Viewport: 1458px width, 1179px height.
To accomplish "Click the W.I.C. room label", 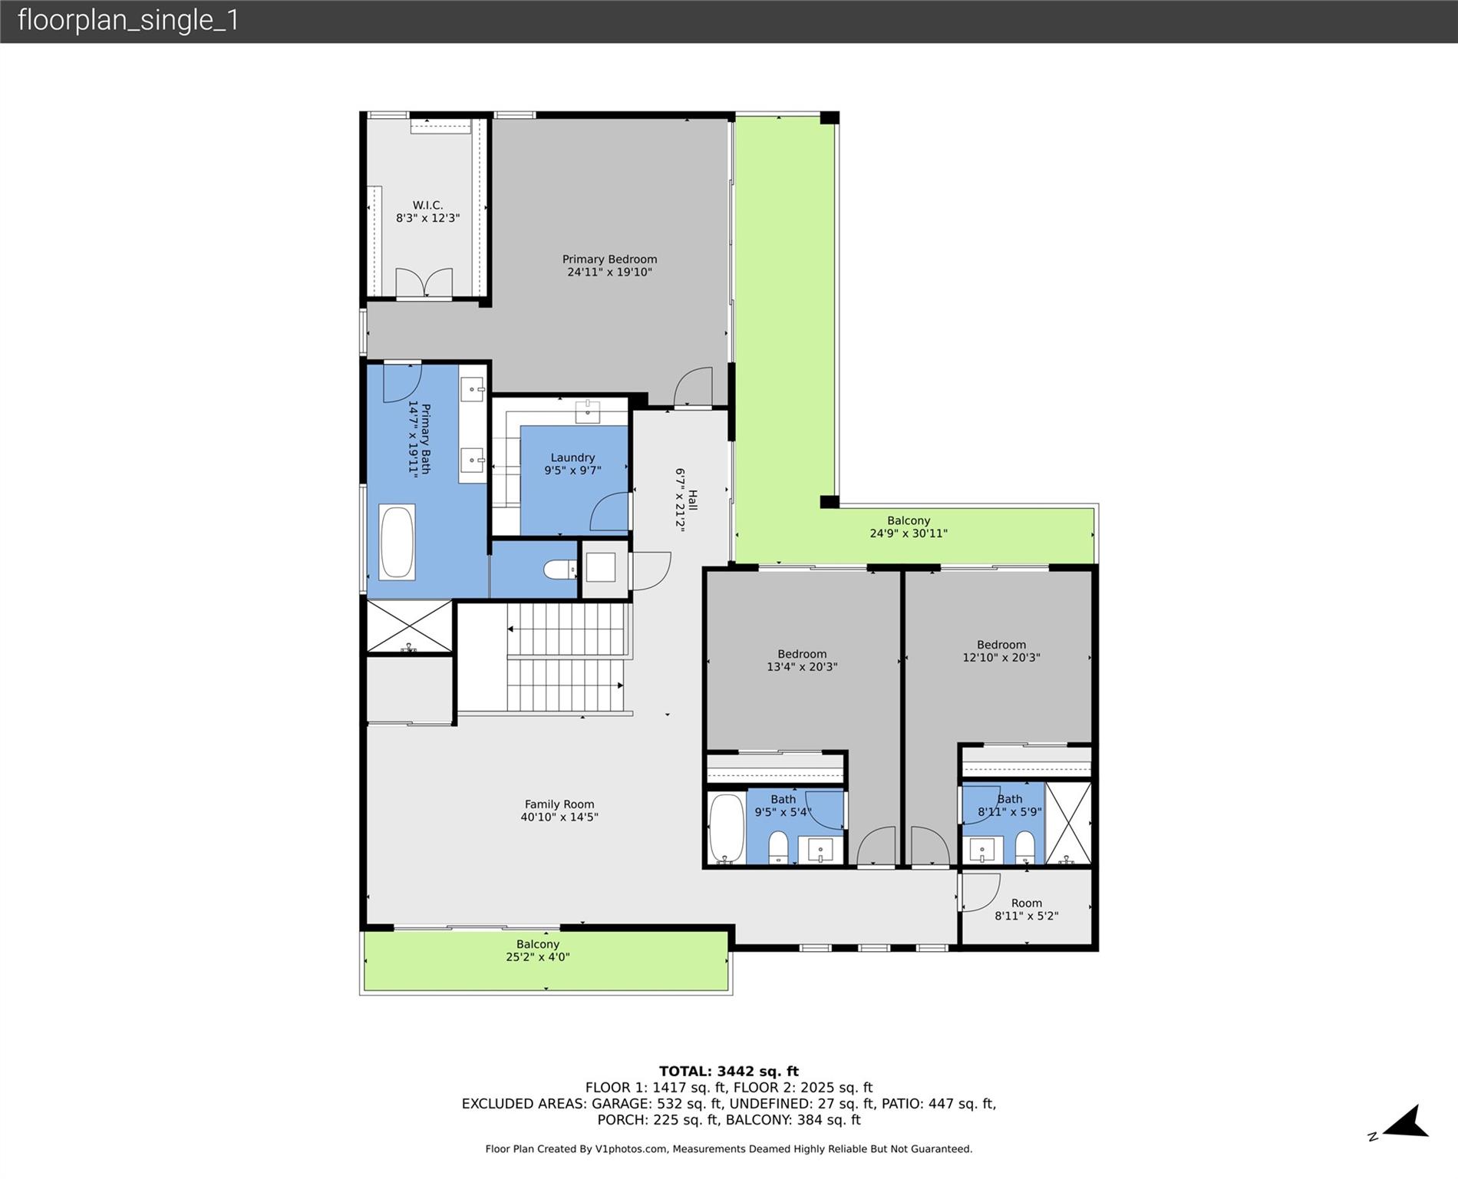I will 427,205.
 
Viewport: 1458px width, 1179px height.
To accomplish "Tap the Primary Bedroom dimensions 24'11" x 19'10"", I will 609,272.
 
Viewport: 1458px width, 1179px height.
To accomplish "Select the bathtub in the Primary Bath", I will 397,541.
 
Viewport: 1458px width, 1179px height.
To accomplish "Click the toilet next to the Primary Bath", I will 559,570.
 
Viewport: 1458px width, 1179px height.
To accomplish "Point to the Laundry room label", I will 572,457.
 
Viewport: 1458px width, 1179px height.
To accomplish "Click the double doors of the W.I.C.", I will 424,283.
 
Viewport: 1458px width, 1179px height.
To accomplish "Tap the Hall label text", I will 692,500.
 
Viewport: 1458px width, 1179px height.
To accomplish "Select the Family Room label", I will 559,804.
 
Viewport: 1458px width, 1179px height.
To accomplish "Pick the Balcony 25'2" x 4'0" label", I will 537,950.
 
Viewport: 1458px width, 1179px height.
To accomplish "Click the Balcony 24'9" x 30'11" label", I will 908,527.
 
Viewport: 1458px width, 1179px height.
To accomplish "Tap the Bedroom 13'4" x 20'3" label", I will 802,660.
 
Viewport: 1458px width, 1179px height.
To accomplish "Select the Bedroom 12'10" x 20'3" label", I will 1001,651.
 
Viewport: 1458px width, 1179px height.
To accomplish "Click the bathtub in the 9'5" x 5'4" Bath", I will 726,829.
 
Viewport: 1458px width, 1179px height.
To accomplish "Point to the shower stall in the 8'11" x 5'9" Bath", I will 1067,822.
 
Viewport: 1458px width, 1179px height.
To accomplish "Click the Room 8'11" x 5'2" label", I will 1026,909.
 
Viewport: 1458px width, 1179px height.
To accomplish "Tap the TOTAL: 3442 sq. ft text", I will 728,1071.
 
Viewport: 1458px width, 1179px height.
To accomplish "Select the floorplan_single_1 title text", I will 128,20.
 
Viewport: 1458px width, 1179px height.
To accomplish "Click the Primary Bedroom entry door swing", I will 694,387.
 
